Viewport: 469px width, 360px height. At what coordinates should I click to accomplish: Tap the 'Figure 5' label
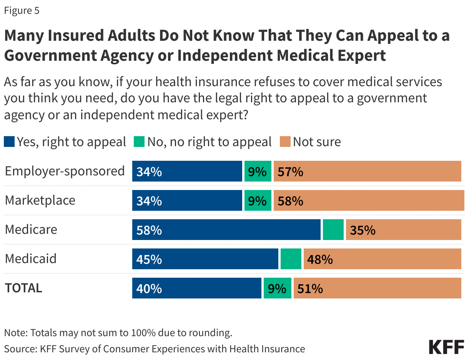(x=22, y=11)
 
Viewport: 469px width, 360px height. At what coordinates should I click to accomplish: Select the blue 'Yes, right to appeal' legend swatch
(x=9, y=142)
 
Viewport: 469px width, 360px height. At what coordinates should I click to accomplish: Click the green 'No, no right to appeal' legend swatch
(x=139, y=142)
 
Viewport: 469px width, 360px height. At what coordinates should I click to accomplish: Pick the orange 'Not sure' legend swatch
(x=285, y=142)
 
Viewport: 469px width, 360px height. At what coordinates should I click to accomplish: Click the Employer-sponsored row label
(x=65, y=171)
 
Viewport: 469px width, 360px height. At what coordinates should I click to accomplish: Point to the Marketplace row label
(x=40, y=200)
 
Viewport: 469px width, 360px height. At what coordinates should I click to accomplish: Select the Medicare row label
(x=31, y=230)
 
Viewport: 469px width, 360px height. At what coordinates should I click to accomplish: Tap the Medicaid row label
(x=30, y=259)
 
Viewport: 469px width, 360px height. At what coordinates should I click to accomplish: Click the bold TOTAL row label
(x=23, y=288)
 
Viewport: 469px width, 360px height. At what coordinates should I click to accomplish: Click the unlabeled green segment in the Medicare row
(x=333, y=230)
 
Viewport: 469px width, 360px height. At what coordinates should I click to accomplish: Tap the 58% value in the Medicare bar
(x=149, y=230)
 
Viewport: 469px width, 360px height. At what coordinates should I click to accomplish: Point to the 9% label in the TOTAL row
(x=277, y=289)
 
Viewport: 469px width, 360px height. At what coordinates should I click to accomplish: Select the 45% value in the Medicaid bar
(x=149, y=260)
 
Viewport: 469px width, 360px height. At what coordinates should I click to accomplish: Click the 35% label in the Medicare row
(x=362, y=230)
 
